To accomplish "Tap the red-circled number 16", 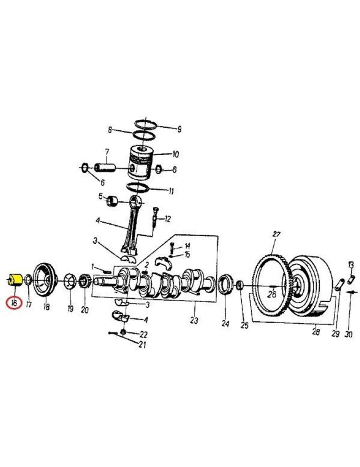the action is [x=14, y=304].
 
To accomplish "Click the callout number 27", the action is [x=276, y=234].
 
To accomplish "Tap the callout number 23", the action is [x=194, y=320].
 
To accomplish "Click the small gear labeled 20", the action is [x=85, y=282].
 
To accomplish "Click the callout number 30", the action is [x=349, y=334].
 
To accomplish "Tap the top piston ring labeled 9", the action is [x=146, y=124].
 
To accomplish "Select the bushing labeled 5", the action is [x=112, y=202].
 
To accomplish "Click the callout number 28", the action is [x=316, y=331].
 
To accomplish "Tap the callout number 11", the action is [x=171, y=191].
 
